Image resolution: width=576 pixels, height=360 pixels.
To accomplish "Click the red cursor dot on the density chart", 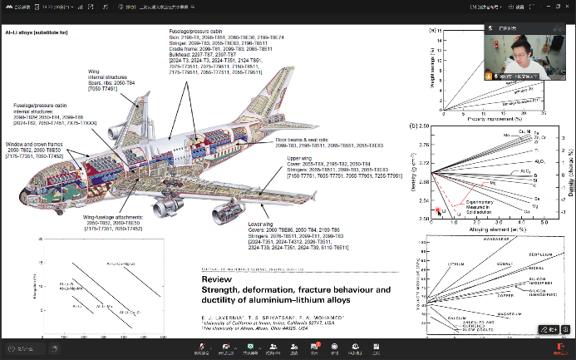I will (438, 210).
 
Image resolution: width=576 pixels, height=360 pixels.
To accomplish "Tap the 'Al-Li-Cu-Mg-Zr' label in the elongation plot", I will (118, 264).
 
